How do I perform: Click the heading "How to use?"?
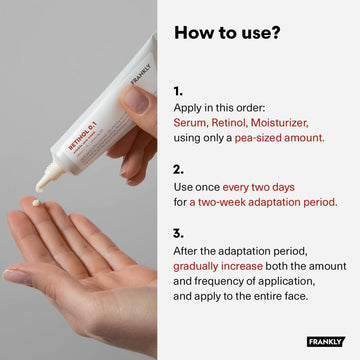pos(227,33)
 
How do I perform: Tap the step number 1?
pos(177,91)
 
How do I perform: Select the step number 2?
pos(178,170)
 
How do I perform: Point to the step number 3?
pos(178,234)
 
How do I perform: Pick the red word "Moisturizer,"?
pos(279,123)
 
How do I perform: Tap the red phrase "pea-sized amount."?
pos(279,138)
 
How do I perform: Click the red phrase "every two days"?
pos(258,187)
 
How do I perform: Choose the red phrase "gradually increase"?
pos(218,266)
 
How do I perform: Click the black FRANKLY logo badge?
pos(326,342)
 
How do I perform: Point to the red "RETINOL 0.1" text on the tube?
pos(82,136)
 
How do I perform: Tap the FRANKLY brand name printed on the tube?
pos(141,75)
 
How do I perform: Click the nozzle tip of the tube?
pos(39,189)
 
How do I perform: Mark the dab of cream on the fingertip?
pos(36,202)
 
